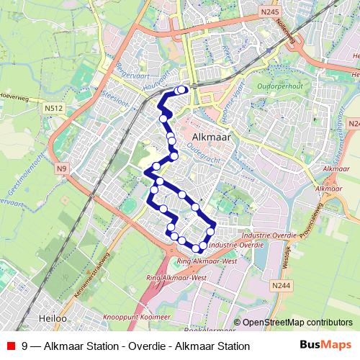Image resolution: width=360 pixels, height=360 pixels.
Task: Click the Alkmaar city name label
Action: [212, 135]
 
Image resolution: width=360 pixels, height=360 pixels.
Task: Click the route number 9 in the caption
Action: [25, 346]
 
